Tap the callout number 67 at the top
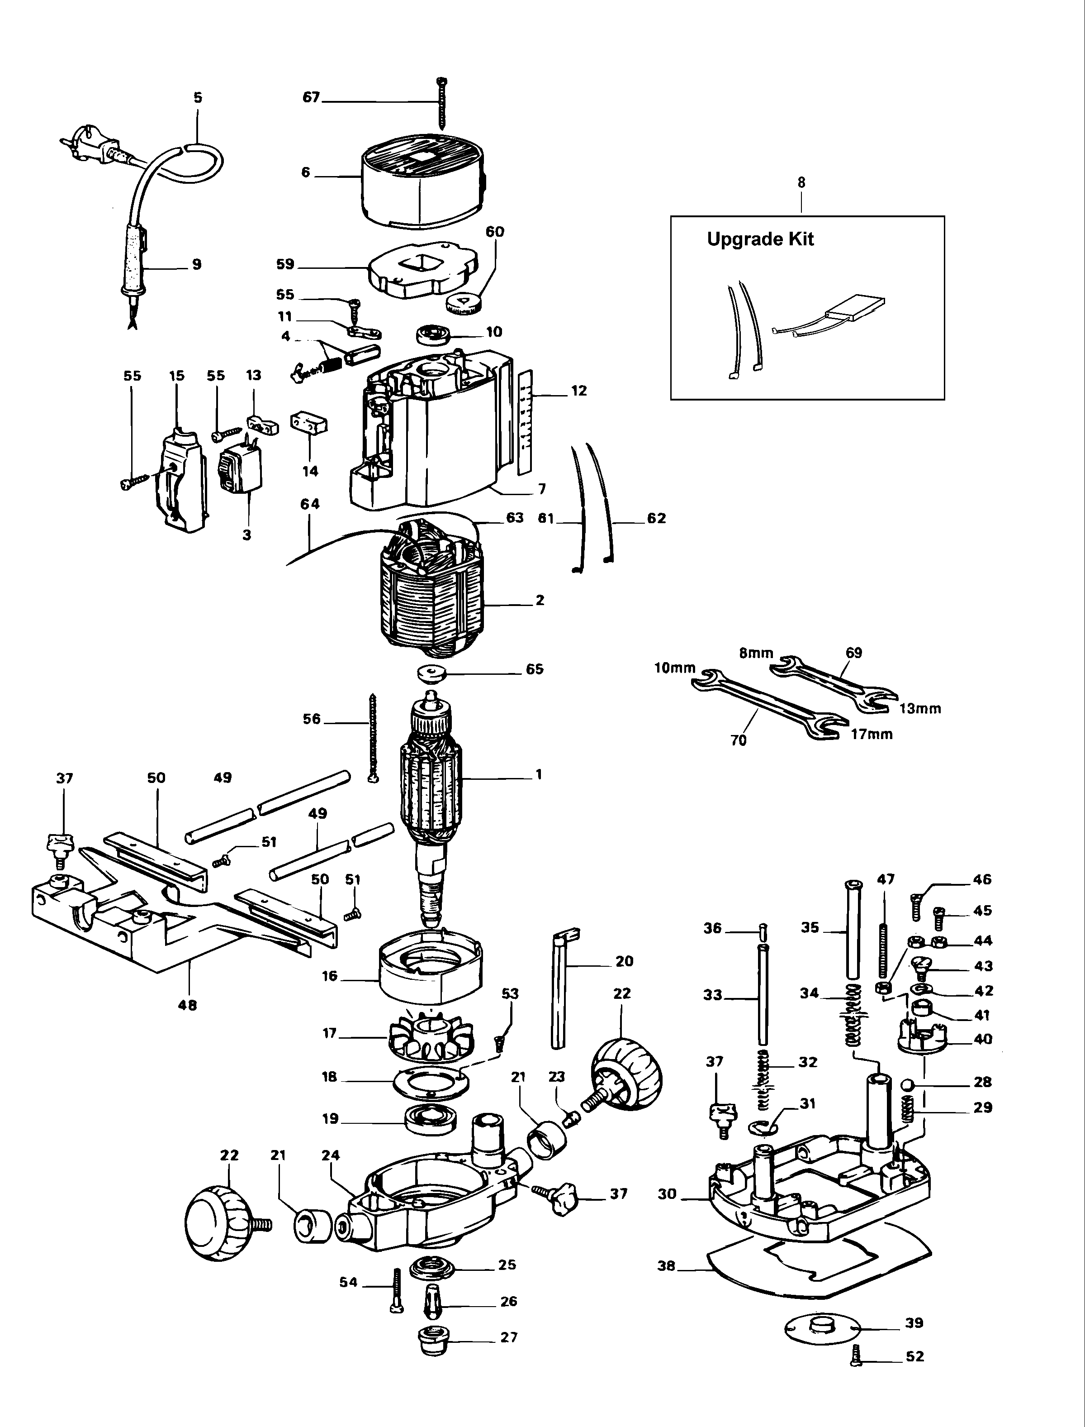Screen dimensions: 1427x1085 coord(311,98)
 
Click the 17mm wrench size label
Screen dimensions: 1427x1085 coord(872,734)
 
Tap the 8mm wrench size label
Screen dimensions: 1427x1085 coord(756,653)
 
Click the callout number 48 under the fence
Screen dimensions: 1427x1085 coord(187,1005)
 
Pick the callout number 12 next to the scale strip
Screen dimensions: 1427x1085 coord(578,391)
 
